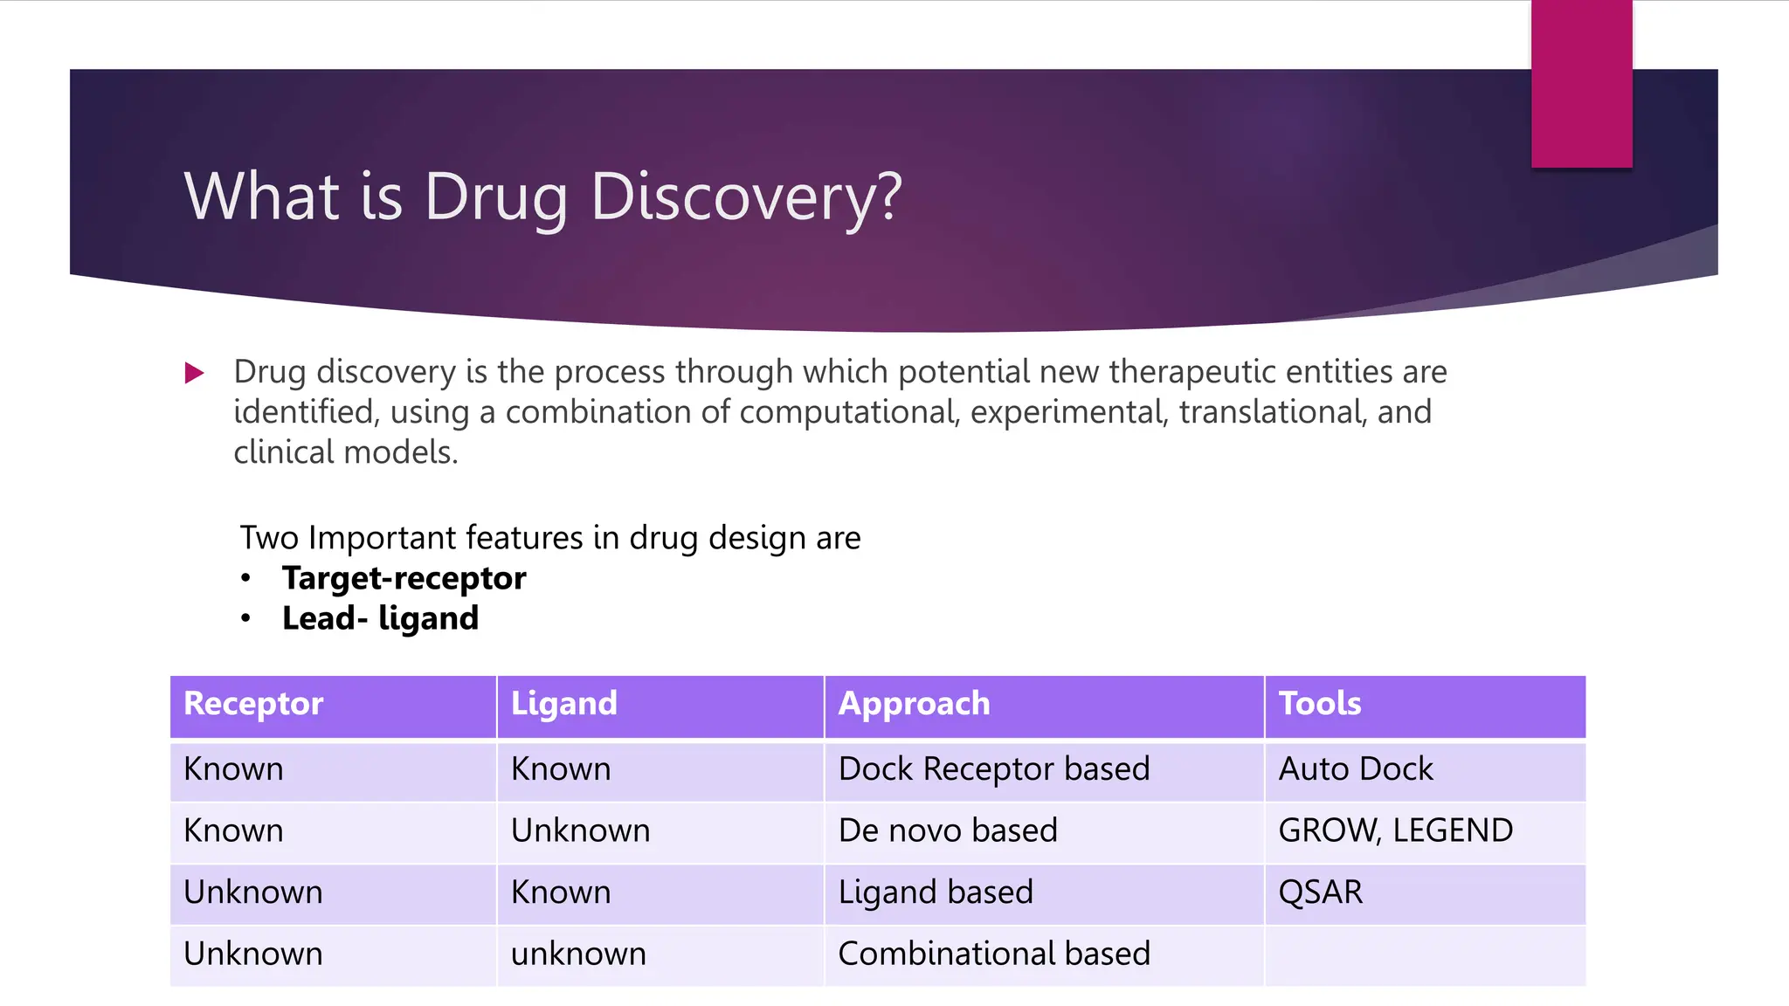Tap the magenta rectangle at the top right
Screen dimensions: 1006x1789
coord(1581,83)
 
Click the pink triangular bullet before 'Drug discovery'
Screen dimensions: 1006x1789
coord(194,374)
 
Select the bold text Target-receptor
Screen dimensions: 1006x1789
coord(404,578)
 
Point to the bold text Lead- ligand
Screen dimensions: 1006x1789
coord(380,618)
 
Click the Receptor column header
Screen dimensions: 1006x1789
coord(253,704)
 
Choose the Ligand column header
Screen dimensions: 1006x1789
coord(563,704)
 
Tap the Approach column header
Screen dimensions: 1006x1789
coord(914,704)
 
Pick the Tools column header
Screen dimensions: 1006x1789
coord(1319,704)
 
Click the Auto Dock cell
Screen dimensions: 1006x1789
coord(1356,769)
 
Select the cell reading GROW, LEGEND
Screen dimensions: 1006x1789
coord(1395,830)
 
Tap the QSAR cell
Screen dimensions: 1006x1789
coord(1320,892)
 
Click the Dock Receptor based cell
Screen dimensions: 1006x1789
coord(994,769)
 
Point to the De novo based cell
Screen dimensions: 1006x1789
coord(948,830)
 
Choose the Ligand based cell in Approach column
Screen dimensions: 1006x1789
coord(936,892)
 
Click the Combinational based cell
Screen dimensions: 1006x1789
coord(994,954)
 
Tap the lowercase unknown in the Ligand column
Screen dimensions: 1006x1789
coord(578,954)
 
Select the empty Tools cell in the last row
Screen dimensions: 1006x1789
coord(1424,955)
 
